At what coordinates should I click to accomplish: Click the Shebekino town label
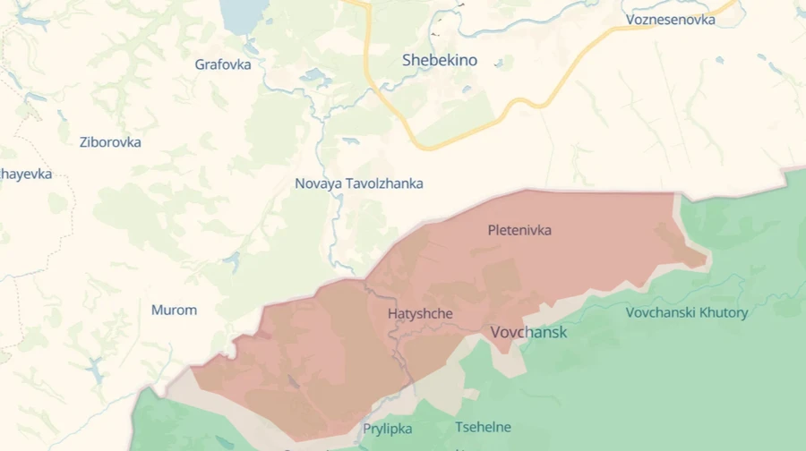point(440,61)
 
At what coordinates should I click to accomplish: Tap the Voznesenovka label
point(671,19)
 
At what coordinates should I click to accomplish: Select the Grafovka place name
point(223,64)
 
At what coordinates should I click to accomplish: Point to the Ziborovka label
point(110,141)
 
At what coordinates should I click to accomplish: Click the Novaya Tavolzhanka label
point(359,183)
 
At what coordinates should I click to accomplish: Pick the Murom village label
point(174,311)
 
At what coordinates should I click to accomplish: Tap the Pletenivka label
point(519,230)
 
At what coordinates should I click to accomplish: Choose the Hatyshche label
point(420,314)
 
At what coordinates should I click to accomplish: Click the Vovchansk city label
point(528,332)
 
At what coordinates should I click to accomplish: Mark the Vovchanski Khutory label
point(687,312)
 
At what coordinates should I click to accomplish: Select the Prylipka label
point(388,429)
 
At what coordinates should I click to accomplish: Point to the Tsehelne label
point(483,427)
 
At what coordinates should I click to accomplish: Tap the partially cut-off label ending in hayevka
point(26,174)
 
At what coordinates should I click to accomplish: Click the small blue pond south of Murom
point(94,367)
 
